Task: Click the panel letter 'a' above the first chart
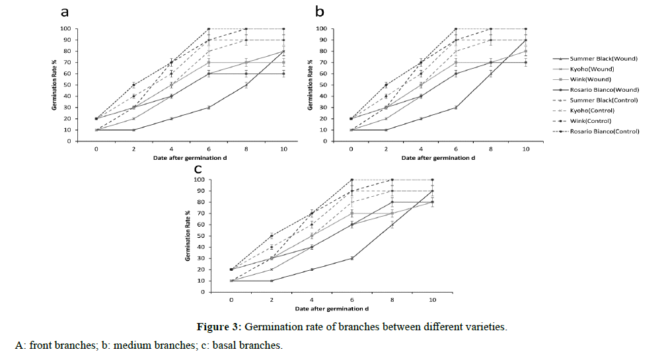click(65, 12)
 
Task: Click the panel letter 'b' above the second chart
click(320, 12)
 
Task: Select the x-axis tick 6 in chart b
click(455, 149)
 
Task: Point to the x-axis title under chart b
click(438, 158)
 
